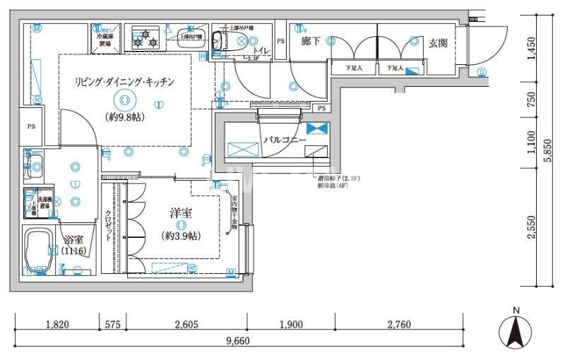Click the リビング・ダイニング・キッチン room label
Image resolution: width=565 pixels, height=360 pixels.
tap(124, 83)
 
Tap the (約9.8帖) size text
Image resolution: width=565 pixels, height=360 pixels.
tap(124, 117)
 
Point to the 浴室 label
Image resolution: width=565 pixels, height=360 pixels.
tap(73, 239)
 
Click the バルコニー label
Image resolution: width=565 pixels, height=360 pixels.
tap(285, 140)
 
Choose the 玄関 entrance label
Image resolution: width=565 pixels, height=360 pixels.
tap(438, 43)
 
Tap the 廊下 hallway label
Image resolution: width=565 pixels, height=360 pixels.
tap(311, 42)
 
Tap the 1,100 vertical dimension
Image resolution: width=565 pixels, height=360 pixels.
tap(531, 145)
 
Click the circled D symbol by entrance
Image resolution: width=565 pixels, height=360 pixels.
tap(482, 72)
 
